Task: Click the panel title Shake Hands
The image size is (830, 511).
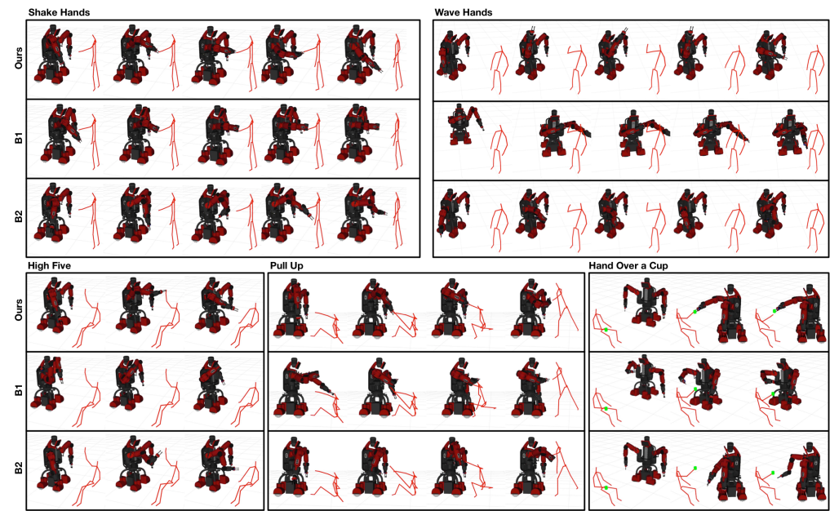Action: [x=59, y=12]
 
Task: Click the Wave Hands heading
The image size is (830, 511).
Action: [x=464, y=12]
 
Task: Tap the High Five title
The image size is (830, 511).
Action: [x=49, y=265]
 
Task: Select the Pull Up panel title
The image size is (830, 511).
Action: [x=286, y=265]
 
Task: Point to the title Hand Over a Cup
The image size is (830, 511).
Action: [x=628, y=265]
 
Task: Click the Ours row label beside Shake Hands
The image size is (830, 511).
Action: [x=19, y=58]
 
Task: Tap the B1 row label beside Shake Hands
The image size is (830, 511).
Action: [x=19, y=139]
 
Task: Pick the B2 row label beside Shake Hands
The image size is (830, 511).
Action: [x=19, y=216]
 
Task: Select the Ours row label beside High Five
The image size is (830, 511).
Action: [x=19, y=309]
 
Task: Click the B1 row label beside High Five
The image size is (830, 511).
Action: [x=19, y=391]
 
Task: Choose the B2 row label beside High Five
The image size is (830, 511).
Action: [x=19, y=468]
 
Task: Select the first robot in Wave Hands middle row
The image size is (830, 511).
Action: [x=464, y=124]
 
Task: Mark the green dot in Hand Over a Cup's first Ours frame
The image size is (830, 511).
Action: [x=606, y=330]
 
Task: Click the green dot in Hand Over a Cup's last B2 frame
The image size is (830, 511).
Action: [x=773, y=473]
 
